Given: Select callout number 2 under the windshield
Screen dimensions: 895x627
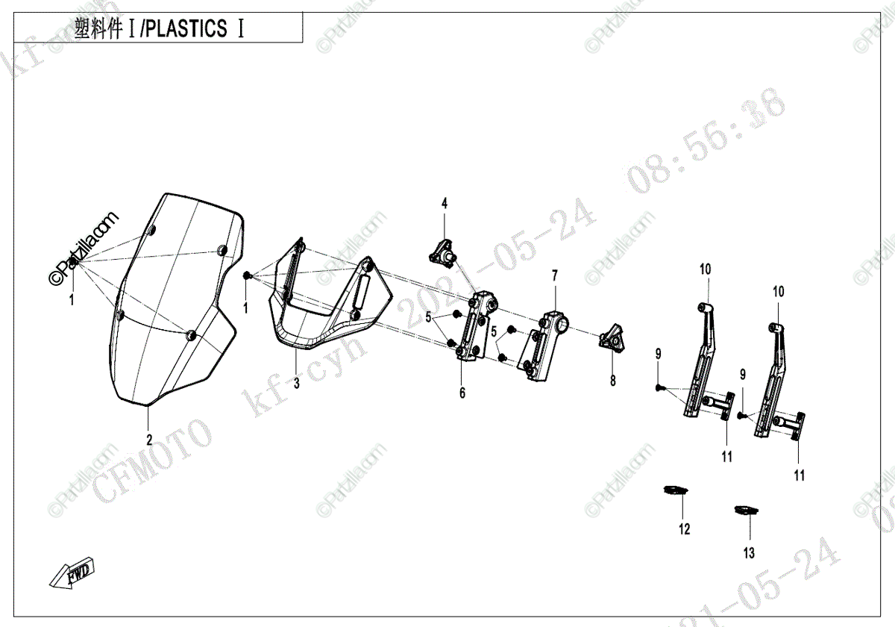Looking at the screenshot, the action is (149, 439).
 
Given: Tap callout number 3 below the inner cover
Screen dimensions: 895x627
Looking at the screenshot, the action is (296, 384).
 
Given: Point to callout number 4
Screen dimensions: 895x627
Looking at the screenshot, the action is (444, 203).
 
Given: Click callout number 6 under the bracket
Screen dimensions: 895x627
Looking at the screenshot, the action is (462, 393).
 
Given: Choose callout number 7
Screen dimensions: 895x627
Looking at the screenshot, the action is (554, 275).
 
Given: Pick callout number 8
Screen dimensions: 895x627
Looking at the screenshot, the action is (613, 381).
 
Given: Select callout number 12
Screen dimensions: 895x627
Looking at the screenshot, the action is (685, 529).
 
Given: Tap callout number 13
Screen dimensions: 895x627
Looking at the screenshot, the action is (749, 553).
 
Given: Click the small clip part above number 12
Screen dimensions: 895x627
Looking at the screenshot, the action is (676, 490).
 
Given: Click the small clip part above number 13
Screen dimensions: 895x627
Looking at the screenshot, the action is (745, 511).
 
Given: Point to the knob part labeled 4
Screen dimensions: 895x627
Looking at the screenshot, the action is (444, 255).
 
